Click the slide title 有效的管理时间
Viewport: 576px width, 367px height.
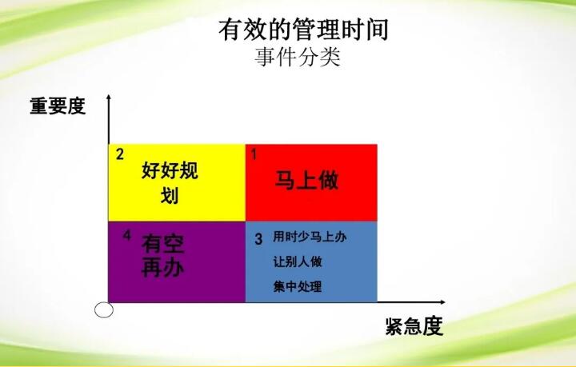(x=303, y=30)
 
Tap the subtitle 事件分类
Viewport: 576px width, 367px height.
(x=298, y=58)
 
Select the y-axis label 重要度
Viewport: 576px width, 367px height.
(x=58, y=106)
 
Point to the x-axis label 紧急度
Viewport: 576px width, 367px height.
(x=414, y=326)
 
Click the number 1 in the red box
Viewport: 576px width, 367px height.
(x=254, y=154)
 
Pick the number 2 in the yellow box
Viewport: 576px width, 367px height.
(x=120, y=154)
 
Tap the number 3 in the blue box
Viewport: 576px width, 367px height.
(x=258, y=240)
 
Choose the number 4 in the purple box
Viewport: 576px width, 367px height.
(x=127, y=235)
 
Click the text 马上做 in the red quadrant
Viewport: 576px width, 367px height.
(x=306, y=181)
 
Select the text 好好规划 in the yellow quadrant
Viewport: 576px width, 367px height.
(x=170, y=182)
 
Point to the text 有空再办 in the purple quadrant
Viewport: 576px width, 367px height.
(x=162, y=255)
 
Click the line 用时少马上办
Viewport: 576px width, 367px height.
(x=310, y=237)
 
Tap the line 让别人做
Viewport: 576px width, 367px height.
(x=298, y=261)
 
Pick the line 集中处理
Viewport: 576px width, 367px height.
(x=298, y=286)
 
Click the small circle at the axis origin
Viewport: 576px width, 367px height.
(x=103, y=310)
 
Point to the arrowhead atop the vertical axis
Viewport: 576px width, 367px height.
(x=109, y=97)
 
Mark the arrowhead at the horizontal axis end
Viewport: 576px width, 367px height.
(x=442, y=302)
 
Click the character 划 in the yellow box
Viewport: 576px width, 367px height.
(x=170, y=195)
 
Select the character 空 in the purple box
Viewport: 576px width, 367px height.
(x=174, y=245)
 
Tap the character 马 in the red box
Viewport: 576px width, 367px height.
(x=285, y=181)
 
